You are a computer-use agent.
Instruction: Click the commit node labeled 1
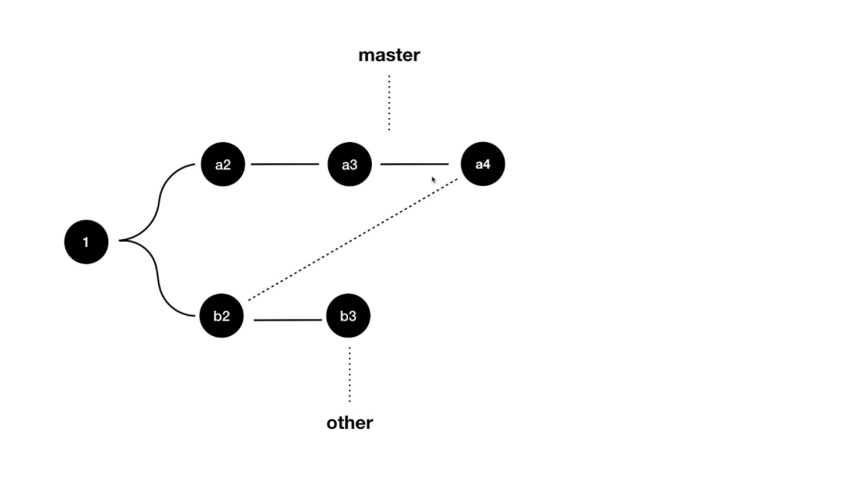tap(86, 242)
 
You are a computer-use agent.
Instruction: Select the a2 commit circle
tap(223, 165)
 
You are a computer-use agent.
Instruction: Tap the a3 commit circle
tap(349, 165)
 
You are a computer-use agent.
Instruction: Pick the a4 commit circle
tap(483, 164)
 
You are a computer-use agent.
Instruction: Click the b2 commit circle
tap(222, 316)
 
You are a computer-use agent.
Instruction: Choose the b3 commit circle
tap(349, 316)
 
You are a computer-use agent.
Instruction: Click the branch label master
tap(389, 55)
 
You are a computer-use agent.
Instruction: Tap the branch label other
tap(350, 423)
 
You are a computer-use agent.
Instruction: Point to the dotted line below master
tap(389, 103)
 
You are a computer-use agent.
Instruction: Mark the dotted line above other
tap(350, 374)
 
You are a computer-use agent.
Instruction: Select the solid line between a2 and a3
tap(285, 164)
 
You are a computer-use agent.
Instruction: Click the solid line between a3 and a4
tap(414, 164)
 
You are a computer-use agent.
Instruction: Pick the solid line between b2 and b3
tap(288, 320)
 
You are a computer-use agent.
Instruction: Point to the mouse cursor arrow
tap(434, 180)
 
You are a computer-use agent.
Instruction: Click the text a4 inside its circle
tap(483, 164)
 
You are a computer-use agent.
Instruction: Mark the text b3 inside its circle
tap(349, 316)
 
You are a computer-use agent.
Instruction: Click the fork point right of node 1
tap(122, 240)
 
